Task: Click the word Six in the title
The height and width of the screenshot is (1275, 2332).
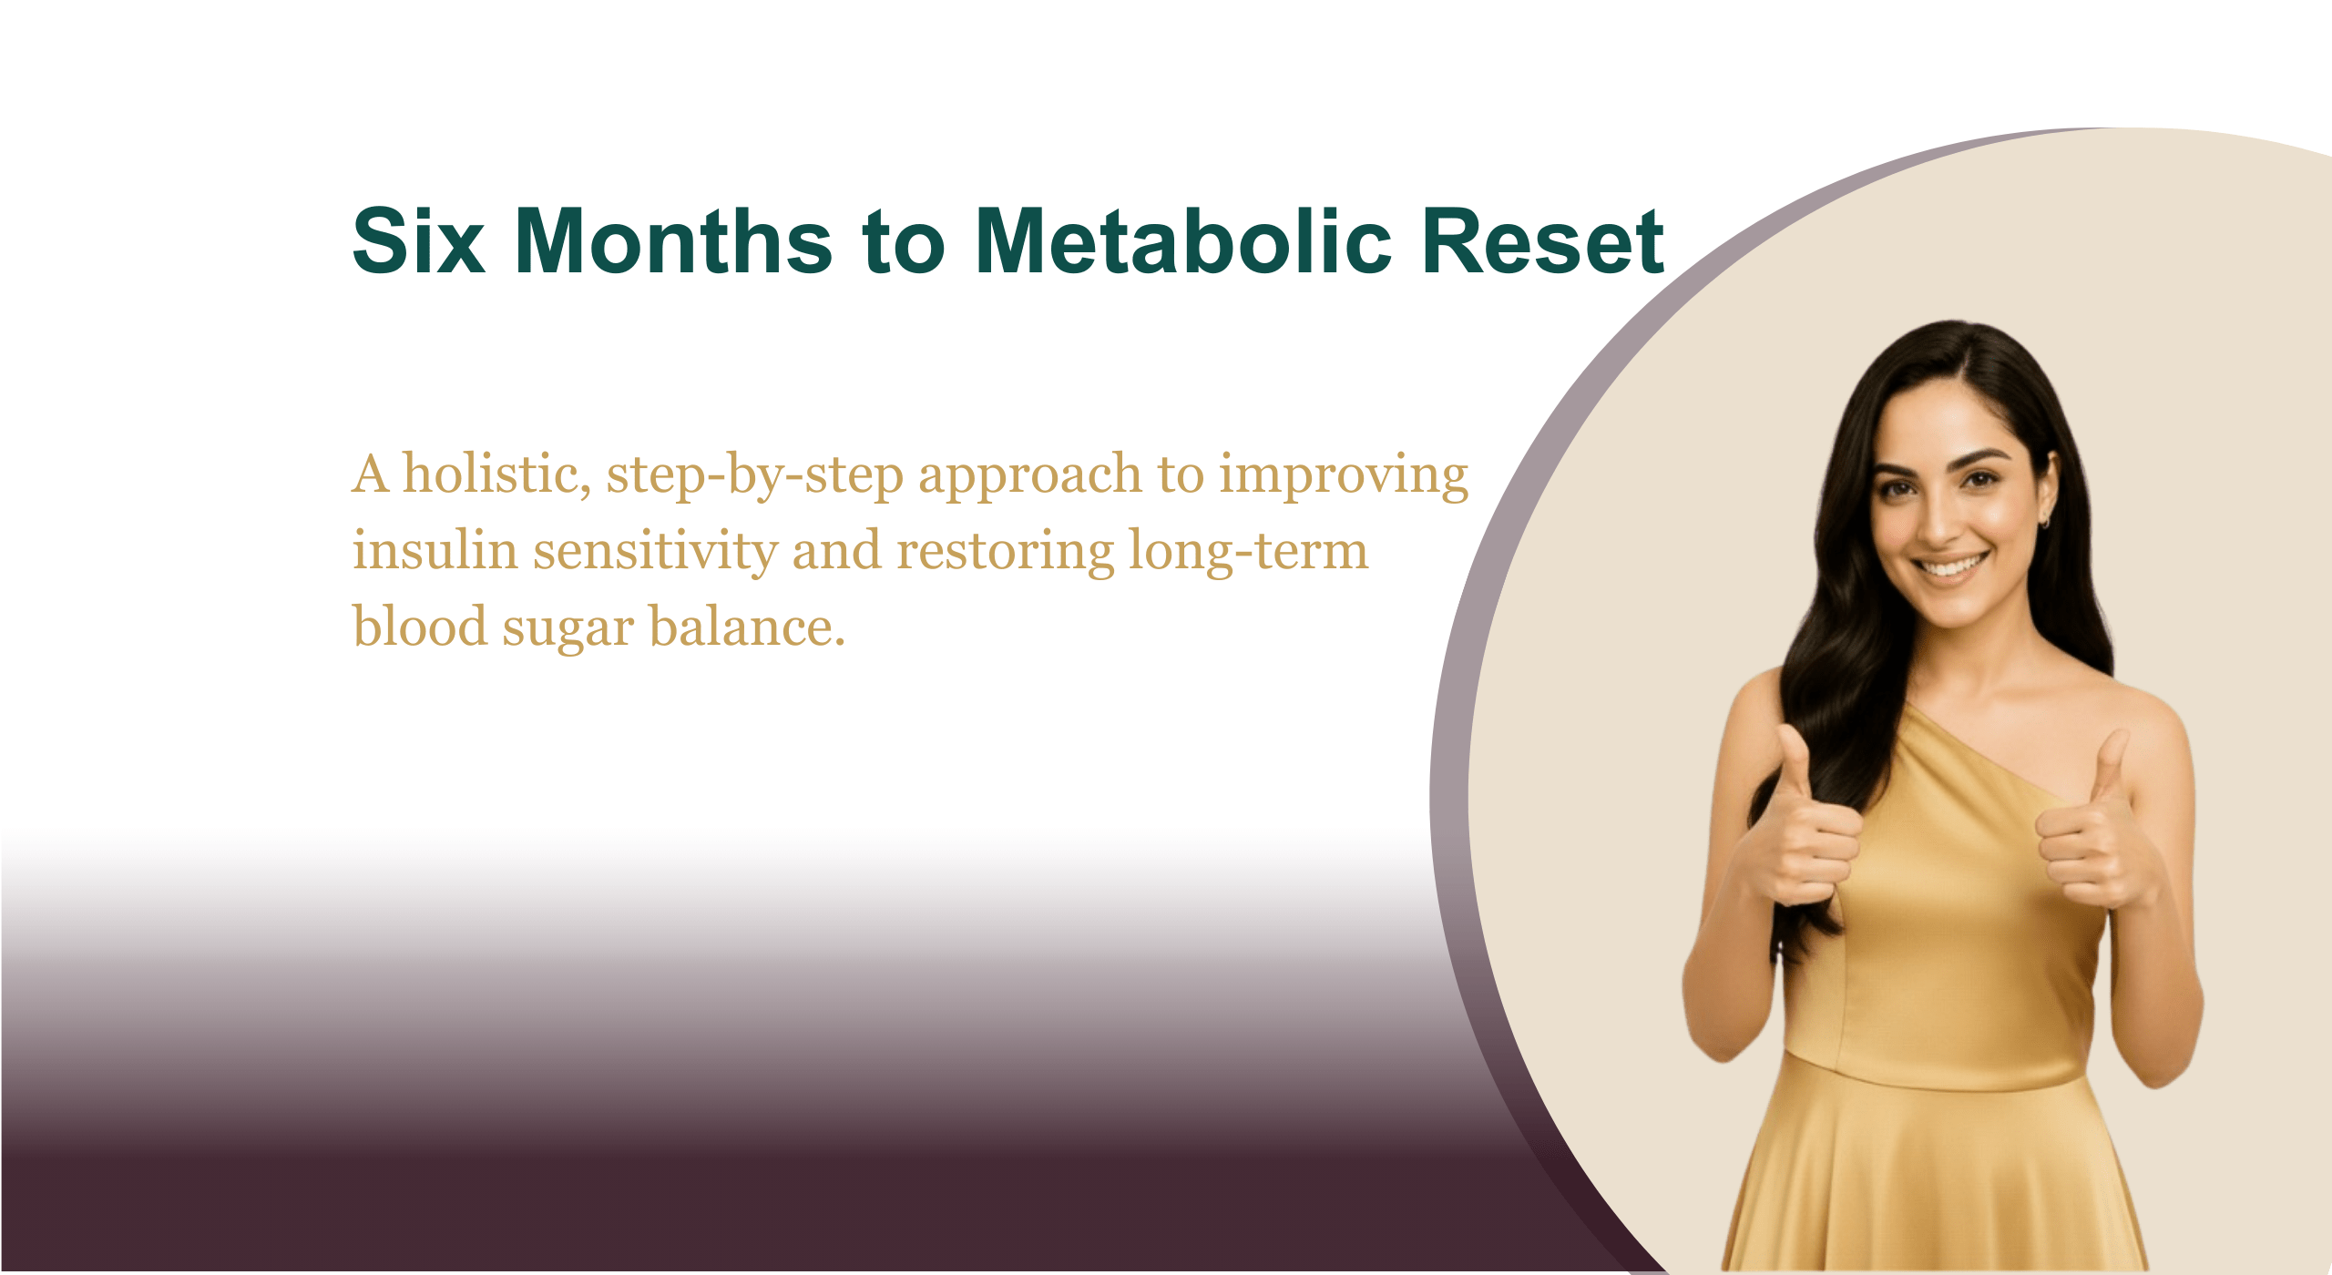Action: pos(418,240)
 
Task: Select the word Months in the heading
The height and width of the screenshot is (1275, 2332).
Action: pos(674,240)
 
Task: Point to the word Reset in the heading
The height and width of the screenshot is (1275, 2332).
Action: pos(1543,240)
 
